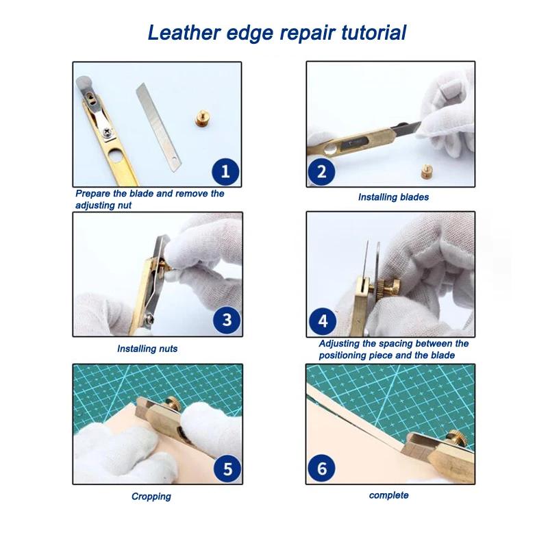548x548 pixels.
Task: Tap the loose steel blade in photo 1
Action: pyautogui.click(x=162, y=120)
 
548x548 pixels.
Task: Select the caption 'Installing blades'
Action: pyautogui.click(x=393, y=197)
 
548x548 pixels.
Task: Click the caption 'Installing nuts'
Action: pyautogui.click(x=147, y=349)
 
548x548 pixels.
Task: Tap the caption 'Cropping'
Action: pyautogui.click(x=151, y=497)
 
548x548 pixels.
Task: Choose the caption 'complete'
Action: pyautogui.click(x=388, y=495)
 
